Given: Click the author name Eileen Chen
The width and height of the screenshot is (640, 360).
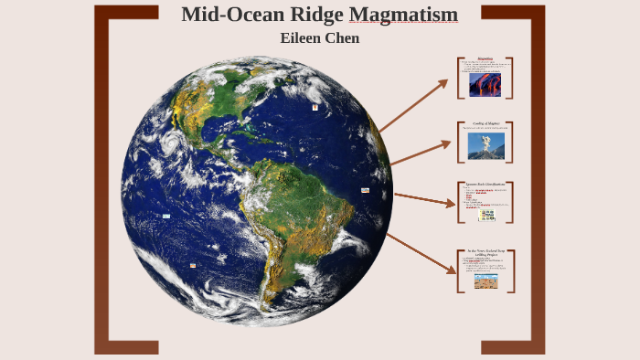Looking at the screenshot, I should click(x=319, y=38).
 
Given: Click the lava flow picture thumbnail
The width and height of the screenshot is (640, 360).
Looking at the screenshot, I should click(x=485, y=84).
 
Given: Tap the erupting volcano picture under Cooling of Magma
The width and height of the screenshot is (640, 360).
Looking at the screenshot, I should click(x=485, y=146).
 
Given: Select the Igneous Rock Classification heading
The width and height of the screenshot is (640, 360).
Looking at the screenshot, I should click(x=485, y=184).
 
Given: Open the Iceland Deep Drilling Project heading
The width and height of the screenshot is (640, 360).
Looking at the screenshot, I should click(x=485, y=252).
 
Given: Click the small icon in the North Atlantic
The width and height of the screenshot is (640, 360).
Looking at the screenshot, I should click(x=315, y=107).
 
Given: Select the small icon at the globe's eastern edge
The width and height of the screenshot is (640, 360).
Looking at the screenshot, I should click(x=365, y=190).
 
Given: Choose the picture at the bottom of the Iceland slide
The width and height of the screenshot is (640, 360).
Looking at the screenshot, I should click(x=485, y=281).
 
